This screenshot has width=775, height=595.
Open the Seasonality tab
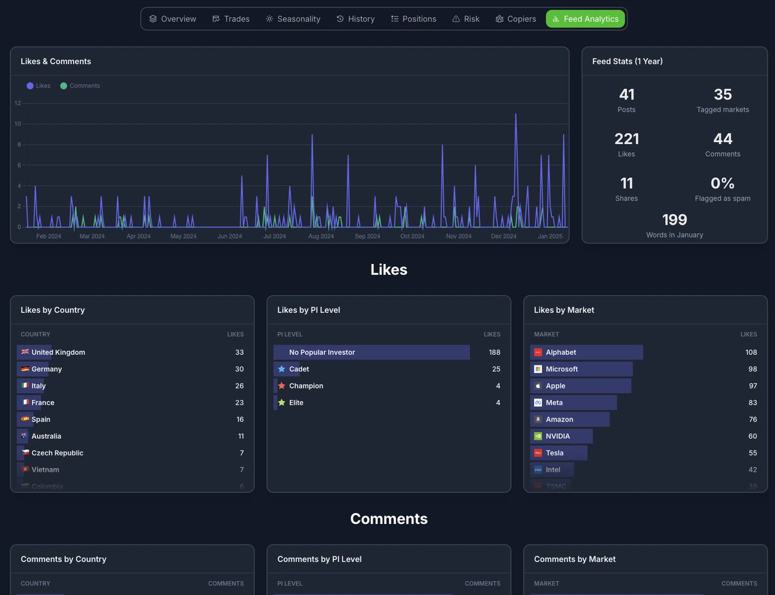293,19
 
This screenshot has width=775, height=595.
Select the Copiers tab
515,19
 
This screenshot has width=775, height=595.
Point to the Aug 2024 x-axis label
321,236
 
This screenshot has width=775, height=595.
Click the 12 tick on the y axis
17,103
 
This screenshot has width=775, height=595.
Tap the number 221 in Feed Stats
626,139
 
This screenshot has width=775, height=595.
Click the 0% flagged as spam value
723,183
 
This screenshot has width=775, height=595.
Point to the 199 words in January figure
674,219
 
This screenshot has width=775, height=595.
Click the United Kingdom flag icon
25,352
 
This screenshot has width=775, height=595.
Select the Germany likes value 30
239,369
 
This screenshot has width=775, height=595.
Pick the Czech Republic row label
57,453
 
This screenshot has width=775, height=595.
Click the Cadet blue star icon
282,369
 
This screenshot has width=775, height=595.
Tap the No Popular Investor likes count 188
495,352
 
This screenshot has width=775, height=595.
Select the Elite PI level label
296,403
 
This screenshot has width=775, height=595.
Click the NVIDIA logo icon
538,436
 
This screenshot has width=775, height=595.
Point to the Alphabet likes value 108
751,352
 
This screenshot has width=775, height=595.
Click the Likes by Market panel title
564,310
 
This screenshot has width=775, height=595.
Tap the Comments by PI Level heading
319,559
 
